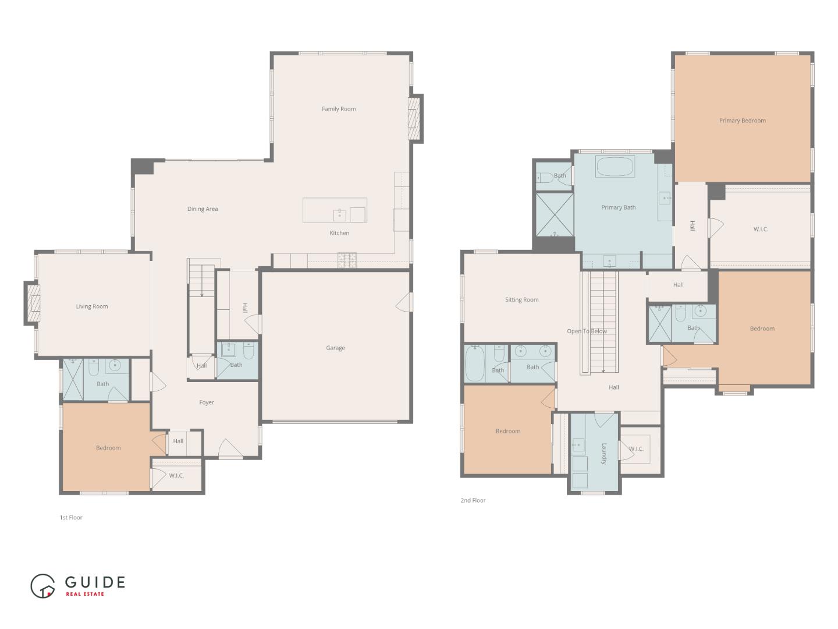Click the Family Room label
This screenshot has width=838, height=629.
click(x=339, y=109)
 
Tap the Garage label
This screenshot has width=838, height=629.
click(x=335, y=348)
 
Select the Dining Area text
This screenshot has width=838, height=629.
click(x=203, y=209)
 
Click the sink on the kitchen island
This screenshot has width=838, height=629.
click(x=340, y=215)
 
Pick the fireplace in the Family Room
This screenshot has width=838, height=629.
click(x=414, y=118)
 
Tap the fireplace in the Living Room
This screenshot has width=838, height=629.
click(x=34, y=303)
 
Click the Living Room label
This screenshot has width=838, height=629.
click(x=92, y=306)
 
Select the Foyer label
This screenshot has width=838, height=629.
click(x=207, y=402)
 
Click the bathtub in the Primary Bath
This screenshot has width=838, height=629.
click(x=615, y=167)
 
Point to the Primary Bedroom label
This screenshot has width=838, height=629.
click(x=743, y=121)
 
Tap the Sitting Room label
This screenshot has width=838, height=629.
click(x=521, y=300)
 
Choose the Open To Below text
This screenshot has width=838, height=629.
click(x=587, y=331)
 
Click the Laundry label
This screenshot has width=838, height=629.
click(x=604, y=453)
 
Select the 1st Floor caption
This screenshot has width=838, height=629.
click(x=71, y=517)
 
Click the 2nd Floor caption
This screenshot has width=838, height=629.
click(x=473, y=500)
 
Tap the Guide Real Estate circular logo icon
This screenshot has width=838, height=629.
click(x=42, y=586)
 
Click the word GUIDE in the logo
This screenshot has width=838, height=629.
click(x=95, y=582)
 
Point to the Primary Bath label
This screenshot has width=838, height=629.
click(x=618, y=207)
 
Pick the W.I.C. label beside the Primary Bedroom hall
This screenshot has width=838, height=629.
click(x=761, y=229)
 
